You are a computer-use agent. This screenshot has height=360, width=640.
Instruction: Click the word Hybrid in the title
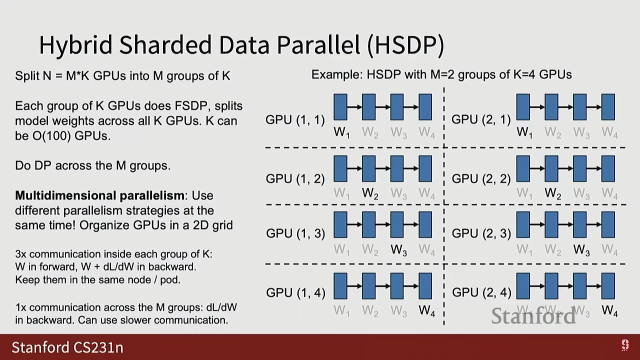point(76,45)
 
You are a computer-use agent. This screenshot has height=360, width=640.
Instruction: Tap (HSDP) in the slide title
point(405,45)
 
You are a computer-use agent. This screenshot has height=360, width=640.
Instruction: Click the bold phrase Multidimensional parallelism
point(99,195)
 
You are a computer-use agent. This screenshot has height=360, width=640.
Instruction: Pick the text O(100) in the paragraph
point(51,136)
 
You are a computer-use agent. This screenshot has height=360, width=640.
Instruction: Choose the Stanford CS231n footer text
point(68,347)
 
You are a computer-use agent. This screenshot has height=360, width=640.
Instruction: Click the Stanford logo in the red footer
point(625,345)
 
